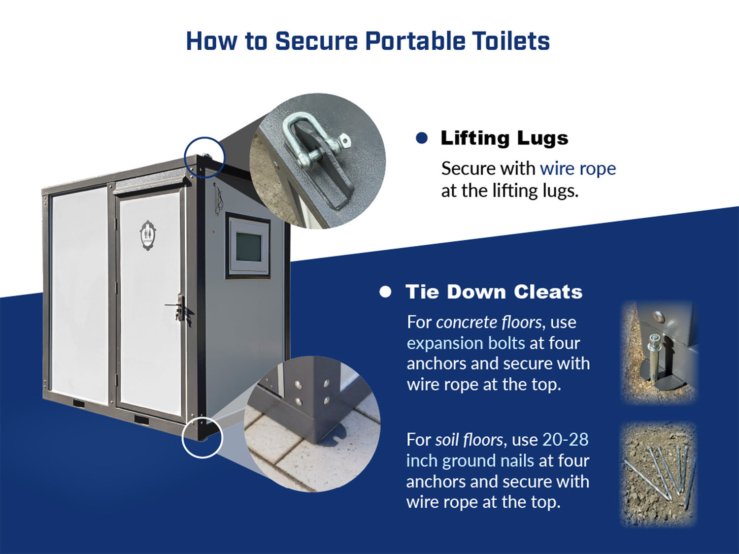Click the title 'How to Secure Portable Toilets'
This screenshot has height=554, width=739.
[x=368, y=41]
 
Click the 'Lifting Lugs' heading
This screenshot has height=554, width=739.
[x=504, y=138]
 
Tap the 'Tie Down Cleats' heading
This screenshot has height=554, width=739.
[x=494, y=292]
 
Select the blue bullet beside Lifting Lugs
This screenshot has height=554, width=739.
[x=422, y=137]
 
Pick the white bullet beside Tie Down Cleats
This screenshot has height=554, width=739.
[x=385, y=292]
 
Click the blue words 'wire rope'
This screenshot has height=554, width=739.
[x=578, y=168]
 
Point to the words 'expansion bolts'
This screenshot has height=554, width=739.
[x=466, y=343]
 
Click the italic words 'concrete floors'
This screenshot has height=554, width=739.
[x=489, y=322]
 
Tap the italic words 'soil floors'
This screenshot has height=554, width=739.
[x=469, y=440]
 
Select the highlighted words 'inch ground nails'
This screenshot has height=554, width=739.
[x=470, y=460]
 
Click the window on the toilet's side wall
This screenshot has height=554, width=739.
[x=248, y=246]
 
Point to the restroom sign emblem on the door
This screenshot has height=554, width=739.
[x=147, y=235]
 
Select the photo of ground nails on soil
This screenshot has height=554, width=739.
[x=658, y=474]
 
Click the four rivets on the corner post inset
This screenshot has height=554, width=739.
[x=312, y=391]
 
